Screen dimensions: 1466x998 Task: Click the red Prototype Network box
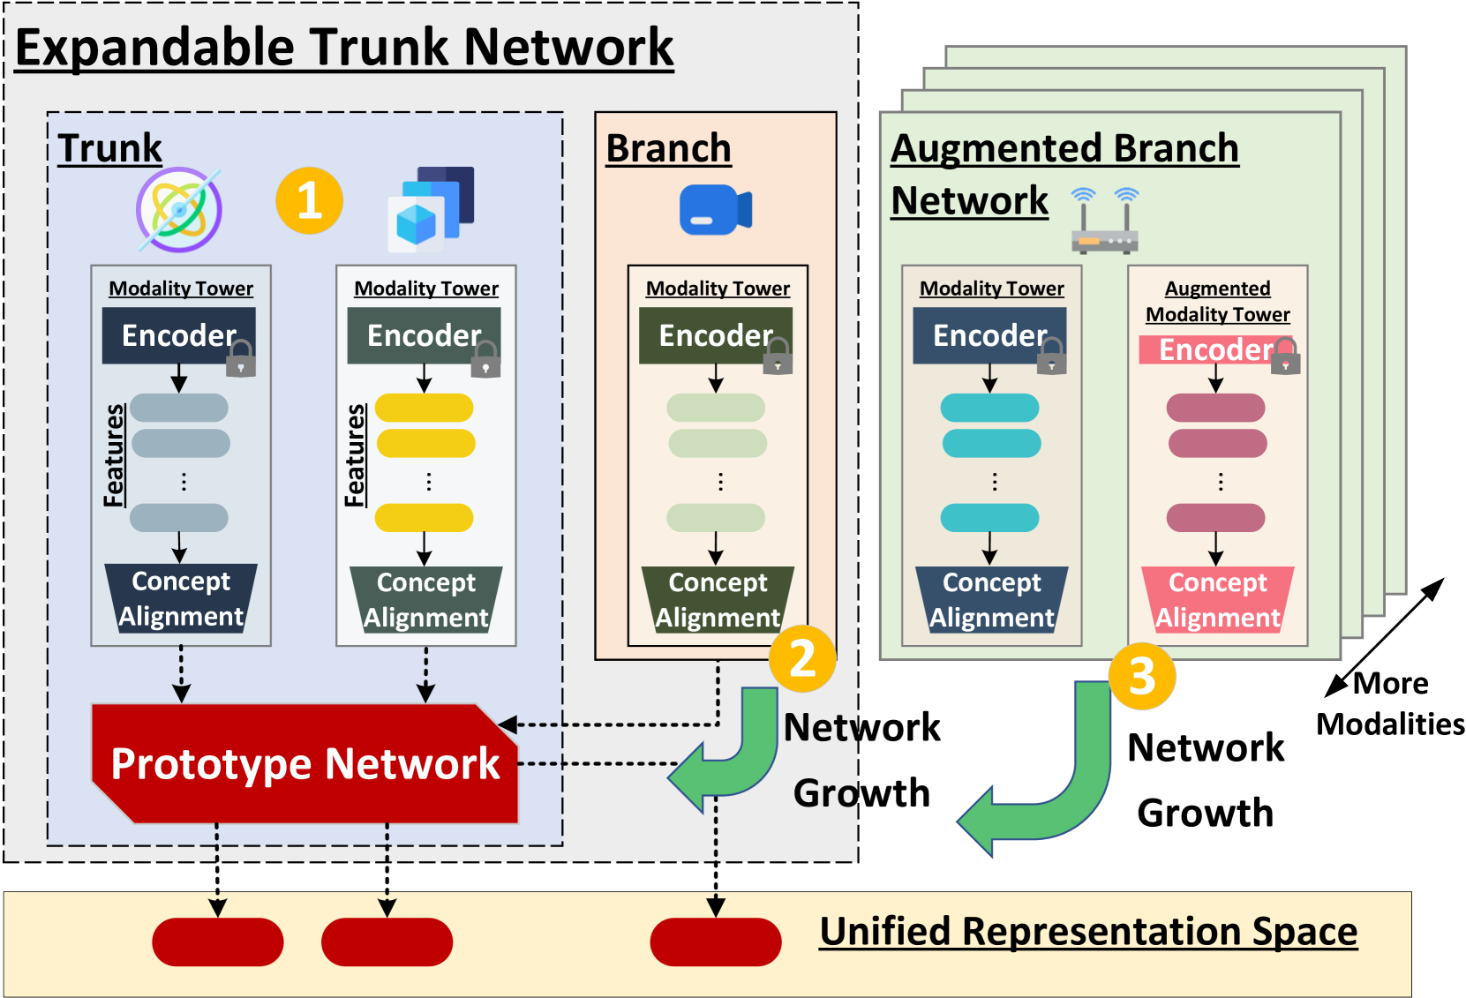coord(305,763)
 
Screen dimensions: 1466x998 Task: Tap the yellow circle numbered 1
coord(309,200)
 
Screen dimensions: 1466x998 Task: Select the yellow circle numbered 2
coord(802,658)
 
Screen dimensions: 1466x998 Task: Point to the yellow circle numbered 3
coord(1142,676)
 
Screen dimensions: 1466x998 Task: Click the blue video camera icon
coord(716,209)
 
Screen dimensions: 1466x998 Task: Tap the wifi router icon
coord(1105,221)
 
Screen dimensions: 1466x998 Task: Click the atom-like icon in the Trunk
coord(178,209)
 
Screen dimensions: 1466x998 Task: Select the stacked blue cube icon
coord(432,209)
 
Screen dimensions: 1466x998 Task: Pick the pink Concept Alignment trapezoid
coord(1217,599)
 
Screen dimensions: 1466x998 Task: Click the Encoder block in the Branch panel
coord(715,335)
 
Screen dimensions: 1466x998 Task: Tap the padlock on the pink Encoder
coord(1285,356)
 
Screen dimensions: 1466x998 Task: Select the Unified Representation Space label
coord(1088,931)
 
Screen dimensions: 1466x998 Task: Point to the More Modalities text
coord(1390,703)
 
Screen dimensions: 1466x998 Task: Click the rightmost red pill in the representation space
coord(715,942)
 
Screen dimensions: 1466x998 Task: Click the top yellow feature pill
coord(425,408)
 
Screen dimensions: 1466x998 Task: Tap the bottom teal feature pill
coord(989,518)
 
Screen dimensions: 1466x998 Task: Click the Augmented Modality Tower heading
coord(1217,301)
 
